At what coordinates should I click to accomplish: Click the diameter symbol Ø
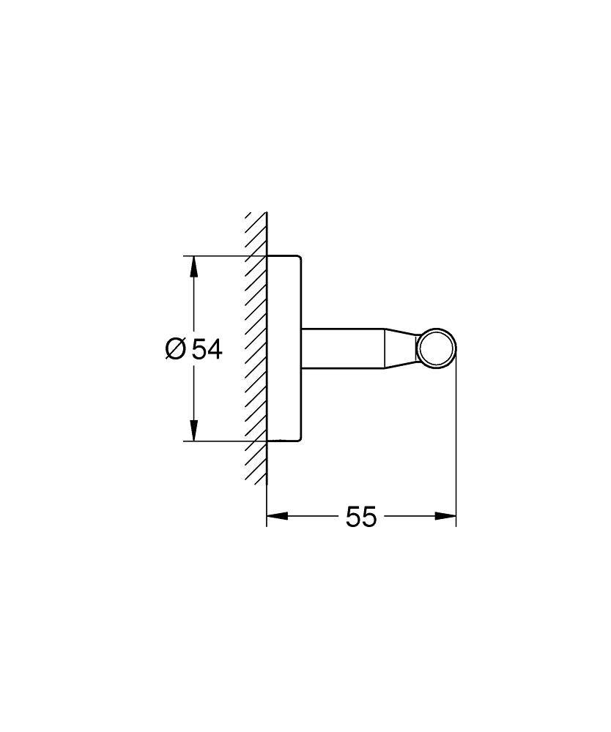coord(176,349)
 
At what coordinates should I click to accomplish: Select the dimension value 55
coord(360,517)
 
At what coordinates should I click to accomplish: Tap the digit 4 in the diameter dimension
coord(214,349)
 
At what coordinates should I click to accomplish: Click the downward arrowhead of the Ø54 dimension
coord(193,431)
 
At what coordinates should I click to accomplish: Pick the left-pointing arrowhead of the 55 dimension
coord(276,516)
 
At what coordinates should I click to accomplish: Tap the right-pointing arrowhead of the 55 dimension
coord(446,516)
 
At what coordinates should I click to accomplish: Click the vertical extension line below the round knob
coord(456,447)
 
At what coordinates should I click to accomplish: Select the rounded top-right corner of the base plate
coord(297,258)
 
